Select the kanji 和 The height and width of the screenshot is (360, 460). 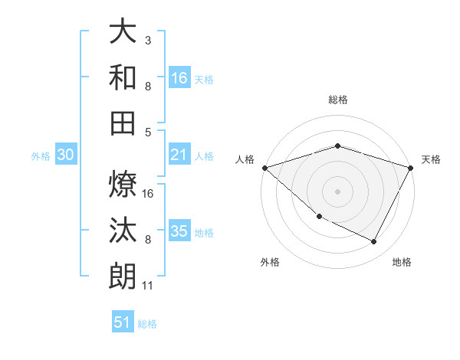[x=123, y=77]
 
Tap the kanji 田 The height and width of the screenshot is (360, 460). [x=123, y=123]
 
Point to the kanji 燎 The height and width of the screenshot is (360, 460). [x=123, y=183]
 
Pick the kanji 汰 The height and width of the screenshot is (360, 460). [x=123, y=229]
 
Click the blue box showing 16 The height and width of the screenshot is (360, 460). [x=179, y=78]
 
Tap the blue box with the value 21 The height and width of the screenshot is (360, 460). [x=179, y=155]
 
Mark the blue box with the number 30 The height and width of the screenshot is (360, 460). [x=65, y=155]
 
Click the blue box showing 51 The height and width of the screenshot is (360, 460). [x=123, y=322]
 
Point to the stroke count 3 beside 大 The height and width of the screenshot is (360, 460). [x=148, y=39]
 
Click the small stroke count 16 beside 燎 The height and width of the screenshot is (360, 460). [x=149, y=193]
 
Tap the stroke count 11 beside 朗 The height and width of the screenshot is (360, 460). [x=149, y=286]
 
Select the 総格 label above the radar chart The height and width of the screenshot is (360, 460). [x=337, y=100]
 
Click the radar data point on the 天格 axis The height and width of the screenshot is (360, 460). [x=412, y=168]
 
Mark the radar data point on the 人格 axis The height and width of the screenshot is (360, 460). [x=264, y=168]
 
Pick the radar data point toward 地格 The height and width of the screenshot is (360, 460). [x=374, y=242]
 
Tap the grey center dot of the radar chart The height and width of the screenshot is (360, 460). [x=337, y=191]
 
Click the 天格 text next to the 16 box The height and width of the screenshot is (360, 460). [x=204, y=80]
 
